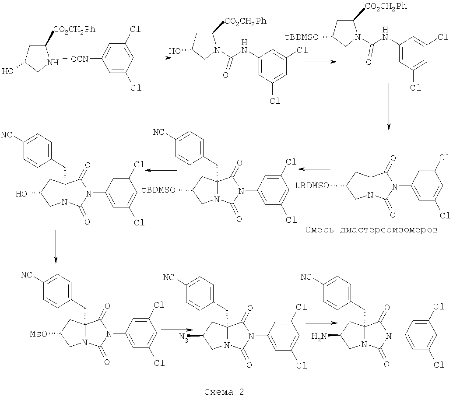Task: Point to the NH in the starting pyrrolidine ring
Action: (x=53, y=63)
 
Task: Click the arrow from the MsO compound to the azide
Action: (x=176, y=329)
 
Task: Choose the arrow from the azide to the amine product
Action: (x=322, y=323)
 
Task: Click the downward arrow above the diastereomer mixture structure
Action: (x=389, y=108)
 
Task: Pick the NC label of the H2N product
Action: (x=308, y=277)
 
